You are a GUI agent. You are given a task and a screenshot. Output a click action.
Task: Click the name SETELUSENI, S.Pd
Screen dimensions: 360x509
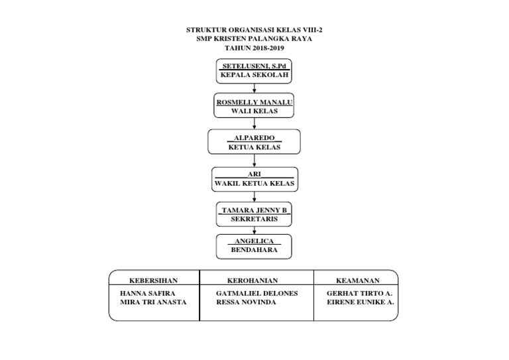[x=254, y=67]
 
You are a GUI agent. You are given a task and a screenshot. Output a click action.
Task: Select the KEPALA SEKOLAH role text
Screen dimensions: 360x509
[x=254, y=76]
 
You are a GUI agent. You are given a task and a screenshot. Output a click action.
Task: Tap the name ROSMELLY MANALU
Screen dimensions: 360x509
[x=254, y=102]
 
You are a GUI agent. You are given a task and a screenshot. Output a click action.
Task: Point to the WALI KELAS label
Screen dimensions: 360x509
[x=254, y=111]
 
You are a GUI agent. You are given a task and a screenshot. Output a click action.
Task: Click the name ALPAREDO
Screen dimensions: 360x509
[x=254, y=138]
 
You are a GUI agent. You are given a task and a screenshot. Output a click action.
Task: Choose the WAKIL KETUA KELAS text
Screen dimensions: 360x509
[x=254, y=182]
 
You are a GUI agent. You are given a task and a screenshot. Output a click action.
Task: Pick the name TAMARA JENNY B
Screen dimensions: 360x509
[x=254, y=210]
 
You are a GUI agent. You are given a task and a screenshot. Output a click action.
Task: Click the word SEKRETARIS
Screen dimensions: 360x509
[x=254, y=218]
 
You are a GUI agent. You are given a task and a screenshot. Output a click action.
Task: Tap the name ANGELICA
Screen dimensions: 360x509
[x=254, y=241]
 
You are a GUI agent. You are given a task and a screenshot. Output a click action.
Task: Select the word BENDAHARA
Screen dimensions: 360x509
[x=254, y=250]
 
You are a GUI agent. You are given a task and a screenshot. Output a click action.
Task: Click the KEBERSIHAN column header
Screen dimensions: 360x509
[x=154, y=280]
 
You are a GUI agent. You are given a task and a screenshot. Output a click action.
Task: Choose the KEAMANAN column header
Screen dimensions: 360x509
[x=358, y=280]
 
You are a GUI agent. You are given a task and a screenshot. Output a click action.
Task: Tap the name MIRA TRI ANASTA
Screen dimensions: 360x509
[x=153, y=302]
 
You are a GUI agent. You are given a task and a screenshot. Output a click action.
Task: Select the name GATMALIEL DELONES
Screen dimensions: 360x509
[x=257, y=293]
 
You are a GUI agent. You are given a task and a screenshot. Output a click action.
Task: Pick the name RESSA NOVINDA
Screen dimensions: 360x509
[x=246, y=302]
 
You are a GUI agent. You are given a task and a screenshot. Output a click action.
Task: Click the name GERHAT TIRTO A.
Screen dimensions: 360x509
[x=360, y=293]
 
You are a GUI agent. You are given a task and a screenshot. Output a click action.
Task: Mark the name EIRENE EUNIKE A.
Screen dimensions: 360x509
[x=361, y=302]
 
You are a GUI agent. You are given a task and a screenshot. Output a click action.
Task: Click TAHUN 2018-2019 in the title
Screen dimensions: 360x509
[x=254, y=48]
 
